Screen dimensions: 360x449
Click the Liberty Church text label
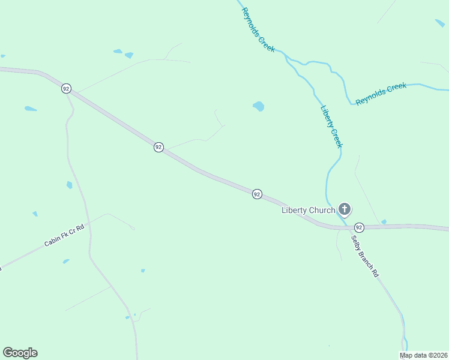[309, 210]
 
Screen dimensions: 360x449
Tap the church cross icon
[345, 209]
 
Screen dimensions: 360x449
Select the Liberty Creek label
[331, 127]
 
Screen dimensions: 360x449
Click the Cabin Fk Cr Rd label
[64, 236]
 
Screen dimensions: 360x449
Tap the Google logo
[20, 353]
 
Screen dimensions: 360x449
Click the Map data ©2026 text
[424, 355]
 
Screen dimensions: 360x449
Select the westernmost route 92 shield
[66, 89]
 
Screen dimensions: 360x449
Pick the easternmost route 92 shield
[359, 227]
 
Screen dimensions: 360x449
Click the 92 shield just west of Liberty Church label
[257, 194]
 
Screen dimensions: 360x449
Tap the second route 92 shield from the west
[158, 147]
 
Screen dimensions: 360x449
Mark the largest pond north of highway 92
[259, 106]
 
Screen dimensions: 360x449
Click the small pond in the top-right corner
[440, 23]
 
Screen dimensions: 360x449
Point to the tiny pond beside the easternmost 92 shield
[384, 222]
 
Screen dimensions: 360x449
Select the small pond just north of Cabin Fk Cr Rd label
[35, 214]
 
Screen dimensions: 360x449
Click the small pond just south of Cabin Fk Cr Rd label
[65, 262]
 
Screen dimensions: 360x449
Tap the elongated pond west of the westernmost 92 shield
[30, 109]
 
